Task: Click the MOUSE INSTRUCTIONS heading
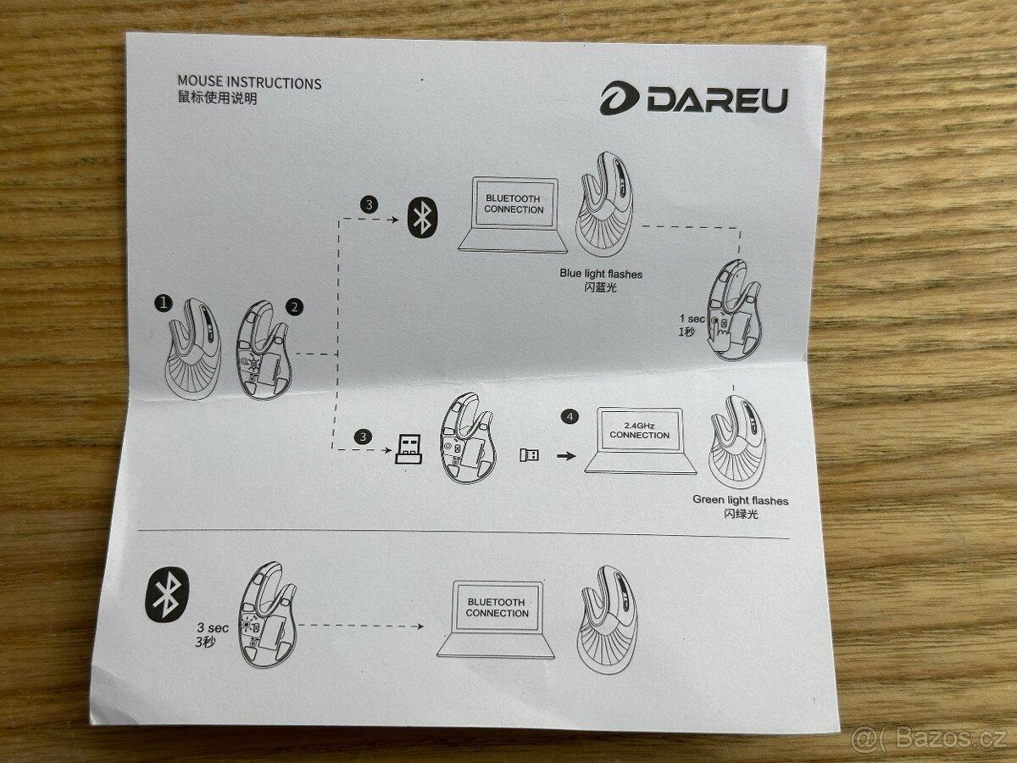pyautogui.click(x=249, y=82)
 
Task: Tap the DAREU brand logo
pyautogui.click(x=693, y=98)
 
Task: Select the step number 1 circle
pyautogui.click(x=163, y=304)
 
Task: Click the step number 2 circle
pyautogui.click(x=295, y=307)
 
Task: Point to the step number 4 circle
pyautogui.click(x=570, y=416)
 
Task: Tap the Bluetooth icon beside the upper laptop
pyautogui.click(x=423, y=218)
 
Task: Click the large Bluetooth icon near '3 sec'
pyautogui.click(x=167, y=595)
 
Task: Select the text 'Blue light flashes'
pyautogui.click(x=601, y=274)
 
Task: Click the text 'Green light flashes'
pyautogui.click(x=741, y=500)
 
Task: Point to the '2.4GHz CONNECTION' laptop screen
pyautogui.click(x=640, y=431)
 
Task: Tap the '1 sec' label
pyautogui.click(x=692, y=319)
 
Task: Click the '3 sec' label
pyautogui.click(x=213, y=627)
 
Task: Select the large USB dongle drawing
pyautogui.click(x=408, y=449)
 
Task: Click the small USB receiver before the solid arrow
pyautogui.click(x=529, y=455)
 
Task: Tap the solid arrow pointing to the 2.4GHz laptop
pyautogui.click(x=566, y=456)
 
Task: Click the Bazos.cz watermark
pyautogui.click(x=929, y=738)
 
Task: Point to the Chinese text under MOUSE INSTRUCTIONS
pyautogui.click(x=217, y=98)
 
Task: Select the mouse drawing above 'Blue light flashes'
pyautogui.click(x=604, y=203)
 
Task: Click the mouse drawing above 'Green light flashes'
pyautogui.click(x=737, y=442)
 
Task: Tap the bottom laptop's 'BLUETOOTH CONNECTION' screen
pyautogui.click(x=497, y=607)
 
